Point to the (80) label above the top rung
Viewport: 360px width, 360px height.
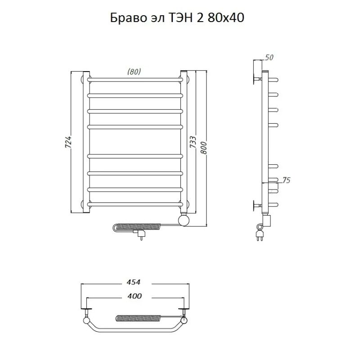134,72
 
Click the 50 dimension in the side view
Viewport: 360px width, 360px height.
270,57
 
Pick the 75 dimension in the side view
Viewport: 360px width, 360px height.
286,180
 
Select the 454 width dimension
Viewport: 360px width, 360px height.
133,282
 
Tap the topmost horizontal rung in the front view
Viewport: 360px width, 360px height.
135,79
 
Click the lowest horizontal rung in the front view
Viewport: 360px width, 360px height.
135,204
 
